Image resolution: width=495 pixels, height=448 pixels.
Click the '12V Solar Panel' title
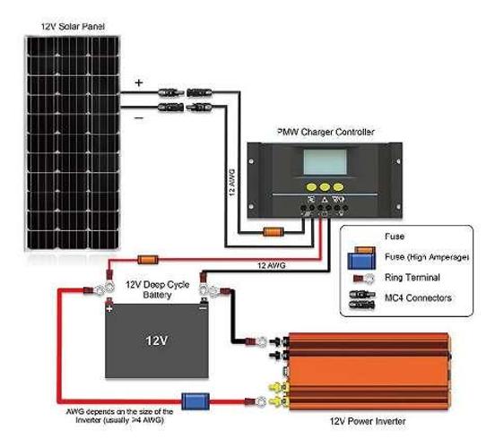coord(73,27)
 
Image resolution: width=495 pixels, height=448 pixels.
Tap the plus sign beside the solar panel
coord(139,82)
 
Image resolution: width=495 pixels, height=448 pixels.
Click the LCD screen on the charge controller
coord(325,162)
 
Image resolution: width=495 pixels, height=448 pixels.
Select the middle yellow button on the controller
coord(325,187)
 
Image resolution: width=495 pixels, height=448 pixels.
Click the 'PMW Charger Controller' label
coord(326,132)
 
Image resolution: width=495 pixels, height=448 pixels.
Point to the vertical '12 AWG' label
coord(232,183)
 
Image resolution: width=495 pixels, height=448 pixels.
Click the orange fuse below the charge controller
coord(274,233)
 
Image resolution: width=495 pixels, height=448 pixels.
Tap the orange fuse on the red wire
coord(147,260)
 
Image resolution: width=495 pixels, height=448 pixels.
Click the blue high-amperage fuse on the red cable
coord(195,401)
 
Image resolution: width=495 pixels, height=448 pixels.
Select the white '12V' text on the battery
coord(157,340)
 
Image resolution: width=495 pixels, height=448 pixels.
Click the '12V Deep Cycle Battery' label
coord(158,289)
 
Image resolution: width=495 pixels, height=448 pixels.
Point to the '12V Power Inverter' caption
coord(368,421)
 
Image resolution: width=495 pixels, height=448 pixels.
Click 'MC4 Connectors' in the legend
coord(418,297)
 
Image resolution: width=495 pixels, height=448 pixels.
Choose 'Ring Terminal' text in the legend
coord(412,278)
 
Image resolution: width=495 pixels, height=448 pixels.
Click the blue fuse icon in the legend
coord(361,261)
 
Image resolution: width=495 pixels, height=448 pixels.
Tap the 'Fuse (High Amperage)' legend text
coord(427,257)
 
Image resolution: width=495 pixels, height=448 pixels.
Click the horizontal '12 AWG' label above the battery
coord(271,265)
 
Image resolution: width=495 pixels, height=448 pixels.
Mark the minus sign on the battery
coord(204,307)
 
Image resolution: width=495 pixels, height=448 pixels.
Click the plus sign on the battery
coord(109,308)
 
